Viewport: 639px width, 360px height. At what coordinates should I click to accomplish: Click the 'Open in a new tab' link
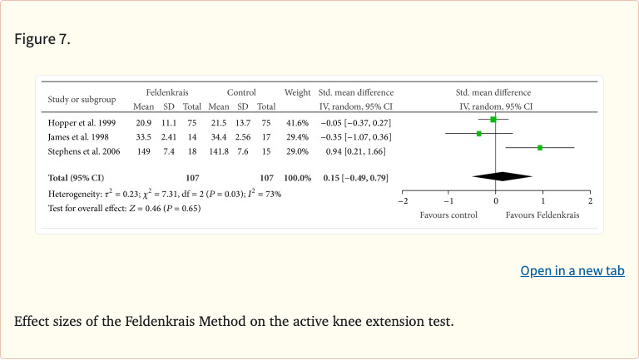click(572, 271)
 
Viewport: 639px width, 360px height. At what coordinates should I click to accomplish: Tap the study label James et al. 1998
click(78, 136)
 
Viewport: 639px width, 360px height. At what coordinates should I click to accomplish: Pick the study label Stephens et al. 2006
click(84, 150)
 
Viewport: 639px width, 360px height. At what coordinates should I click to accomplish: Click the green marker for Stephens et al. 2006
click(540, 147)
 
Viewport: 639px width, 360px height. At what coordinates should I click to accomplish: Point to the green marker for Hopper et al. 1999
click(493, 120)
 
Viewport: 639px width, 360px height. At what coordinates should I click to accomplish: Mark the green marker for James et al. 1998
click(479, 134)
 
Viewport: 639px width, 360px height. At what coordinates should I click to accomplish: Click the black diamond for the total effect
click(503, 175)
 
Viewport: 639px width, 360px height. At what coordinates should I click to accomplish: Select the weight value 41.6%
click(297, 122)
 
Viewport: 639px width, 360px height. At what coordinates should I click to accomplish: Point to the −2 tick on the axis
click(402, 201)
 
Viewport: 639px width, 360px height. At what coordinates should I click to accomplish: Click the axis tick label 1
click(542, 201)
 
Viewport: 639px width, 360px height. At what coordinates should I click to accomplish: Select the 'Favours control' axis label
click(448, 215)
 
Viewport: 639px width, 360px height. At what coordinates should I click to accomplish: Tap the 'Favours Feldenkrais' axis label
click(542, 215)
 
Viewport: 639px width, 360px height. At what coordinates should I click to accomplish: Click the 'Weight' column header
click(297, 92)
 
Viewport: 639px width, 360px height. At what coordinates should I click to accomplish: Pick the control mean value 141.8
click(219, 150)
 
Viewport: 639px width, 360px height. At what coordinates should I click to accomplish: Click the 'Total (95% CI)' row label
click(76, 178)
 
